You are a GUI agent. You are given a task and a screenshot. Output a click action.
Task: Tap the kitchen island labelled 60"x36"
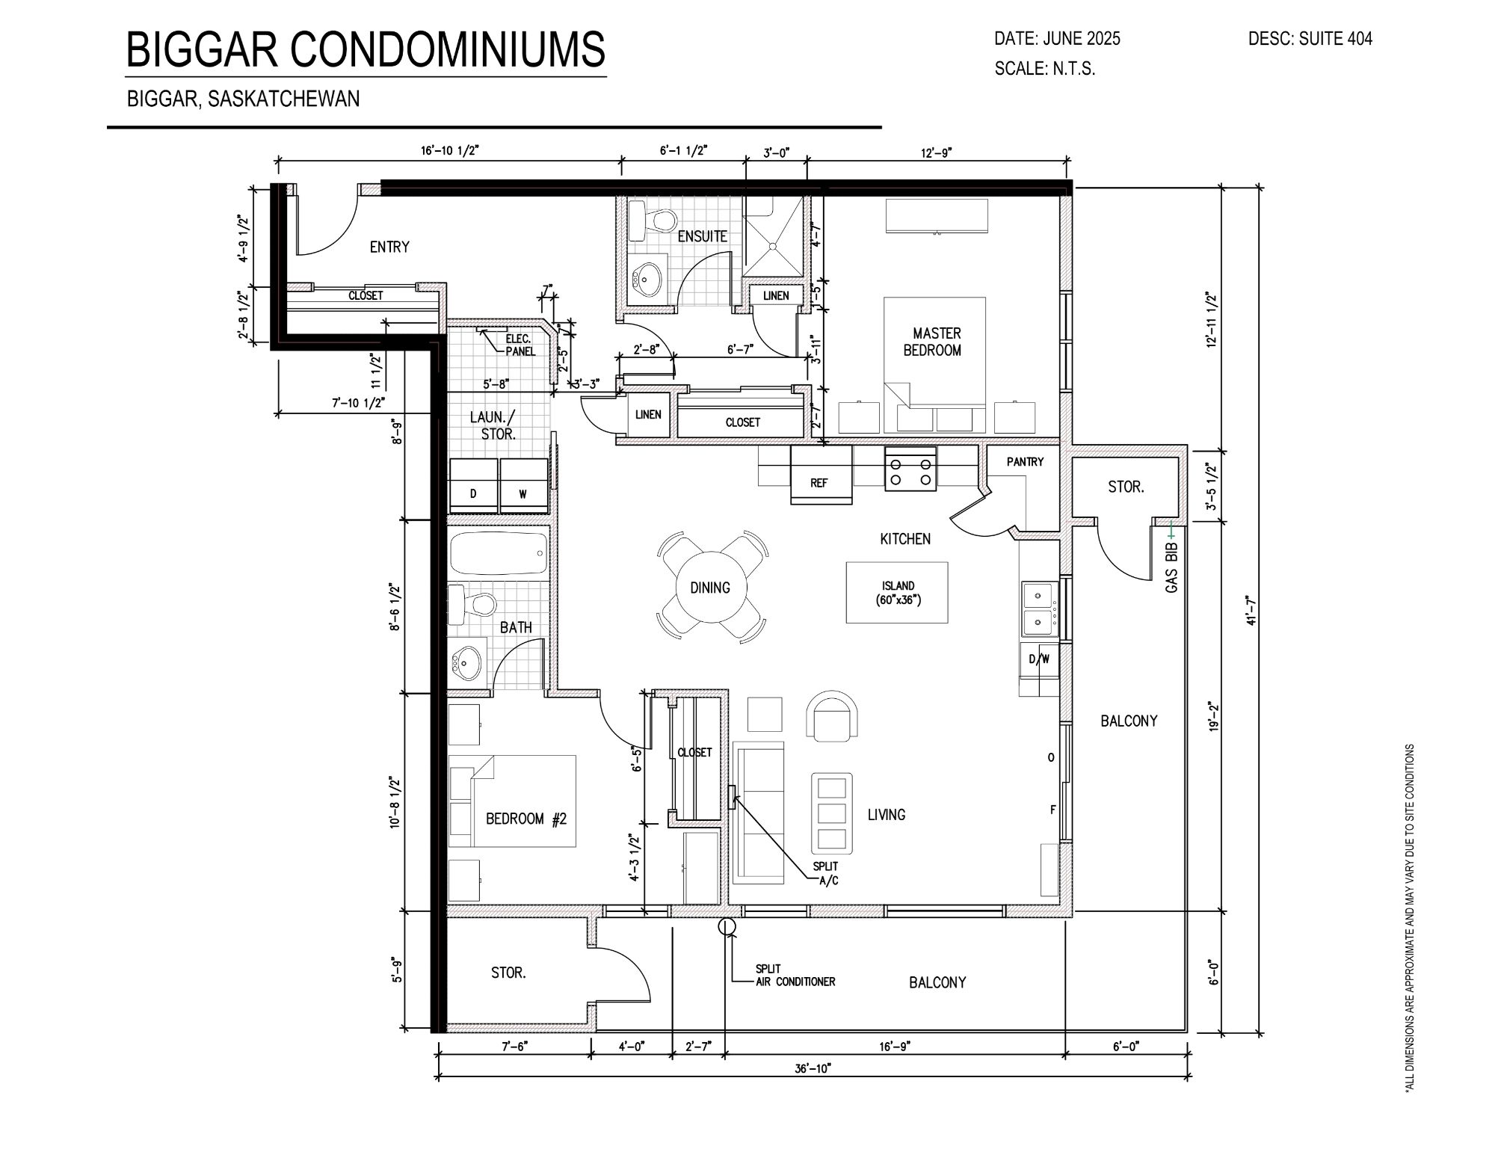tap(897, 593)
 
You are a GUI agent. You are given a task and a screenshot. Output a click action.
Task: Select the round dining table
tap(710, 588)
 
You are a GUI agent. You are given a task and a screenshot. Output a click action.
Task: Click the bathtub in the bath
tap(499, 554)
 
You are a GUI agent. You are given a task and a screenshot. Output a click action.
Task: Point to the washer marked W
tap(523, 486)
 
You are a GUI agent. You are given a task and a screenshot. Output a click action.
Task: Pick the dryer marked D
tap(473, 486)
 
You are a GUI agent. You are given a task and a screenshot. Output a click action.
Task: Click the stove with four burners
tap(910, 469)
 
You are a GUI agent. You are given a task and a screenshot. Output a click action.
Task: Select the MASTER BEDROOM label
tap(933, 342)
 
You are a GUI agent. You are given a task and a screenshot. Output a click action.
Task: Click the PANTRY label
tap(1025, 462)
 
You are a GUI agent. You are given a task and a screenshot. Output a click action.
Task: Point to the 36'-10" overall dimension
tap(813, 1069)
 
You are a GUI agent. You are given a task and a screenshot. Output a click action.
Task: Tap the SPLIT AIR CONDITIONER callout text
tap(795, 976)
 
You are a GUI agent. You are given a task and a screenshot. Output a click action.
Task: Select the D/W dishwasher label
tap(1040, 659)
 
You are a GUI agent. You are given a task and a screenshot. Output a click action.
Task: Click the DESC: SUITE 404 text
tap(1310, 39)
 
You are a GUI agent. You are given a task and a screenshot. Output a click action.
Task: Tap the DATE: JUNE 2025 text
tap(1058, 39)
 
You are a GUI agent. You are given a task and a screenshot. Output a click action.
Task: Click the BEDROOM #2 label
tap(526, 819)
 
